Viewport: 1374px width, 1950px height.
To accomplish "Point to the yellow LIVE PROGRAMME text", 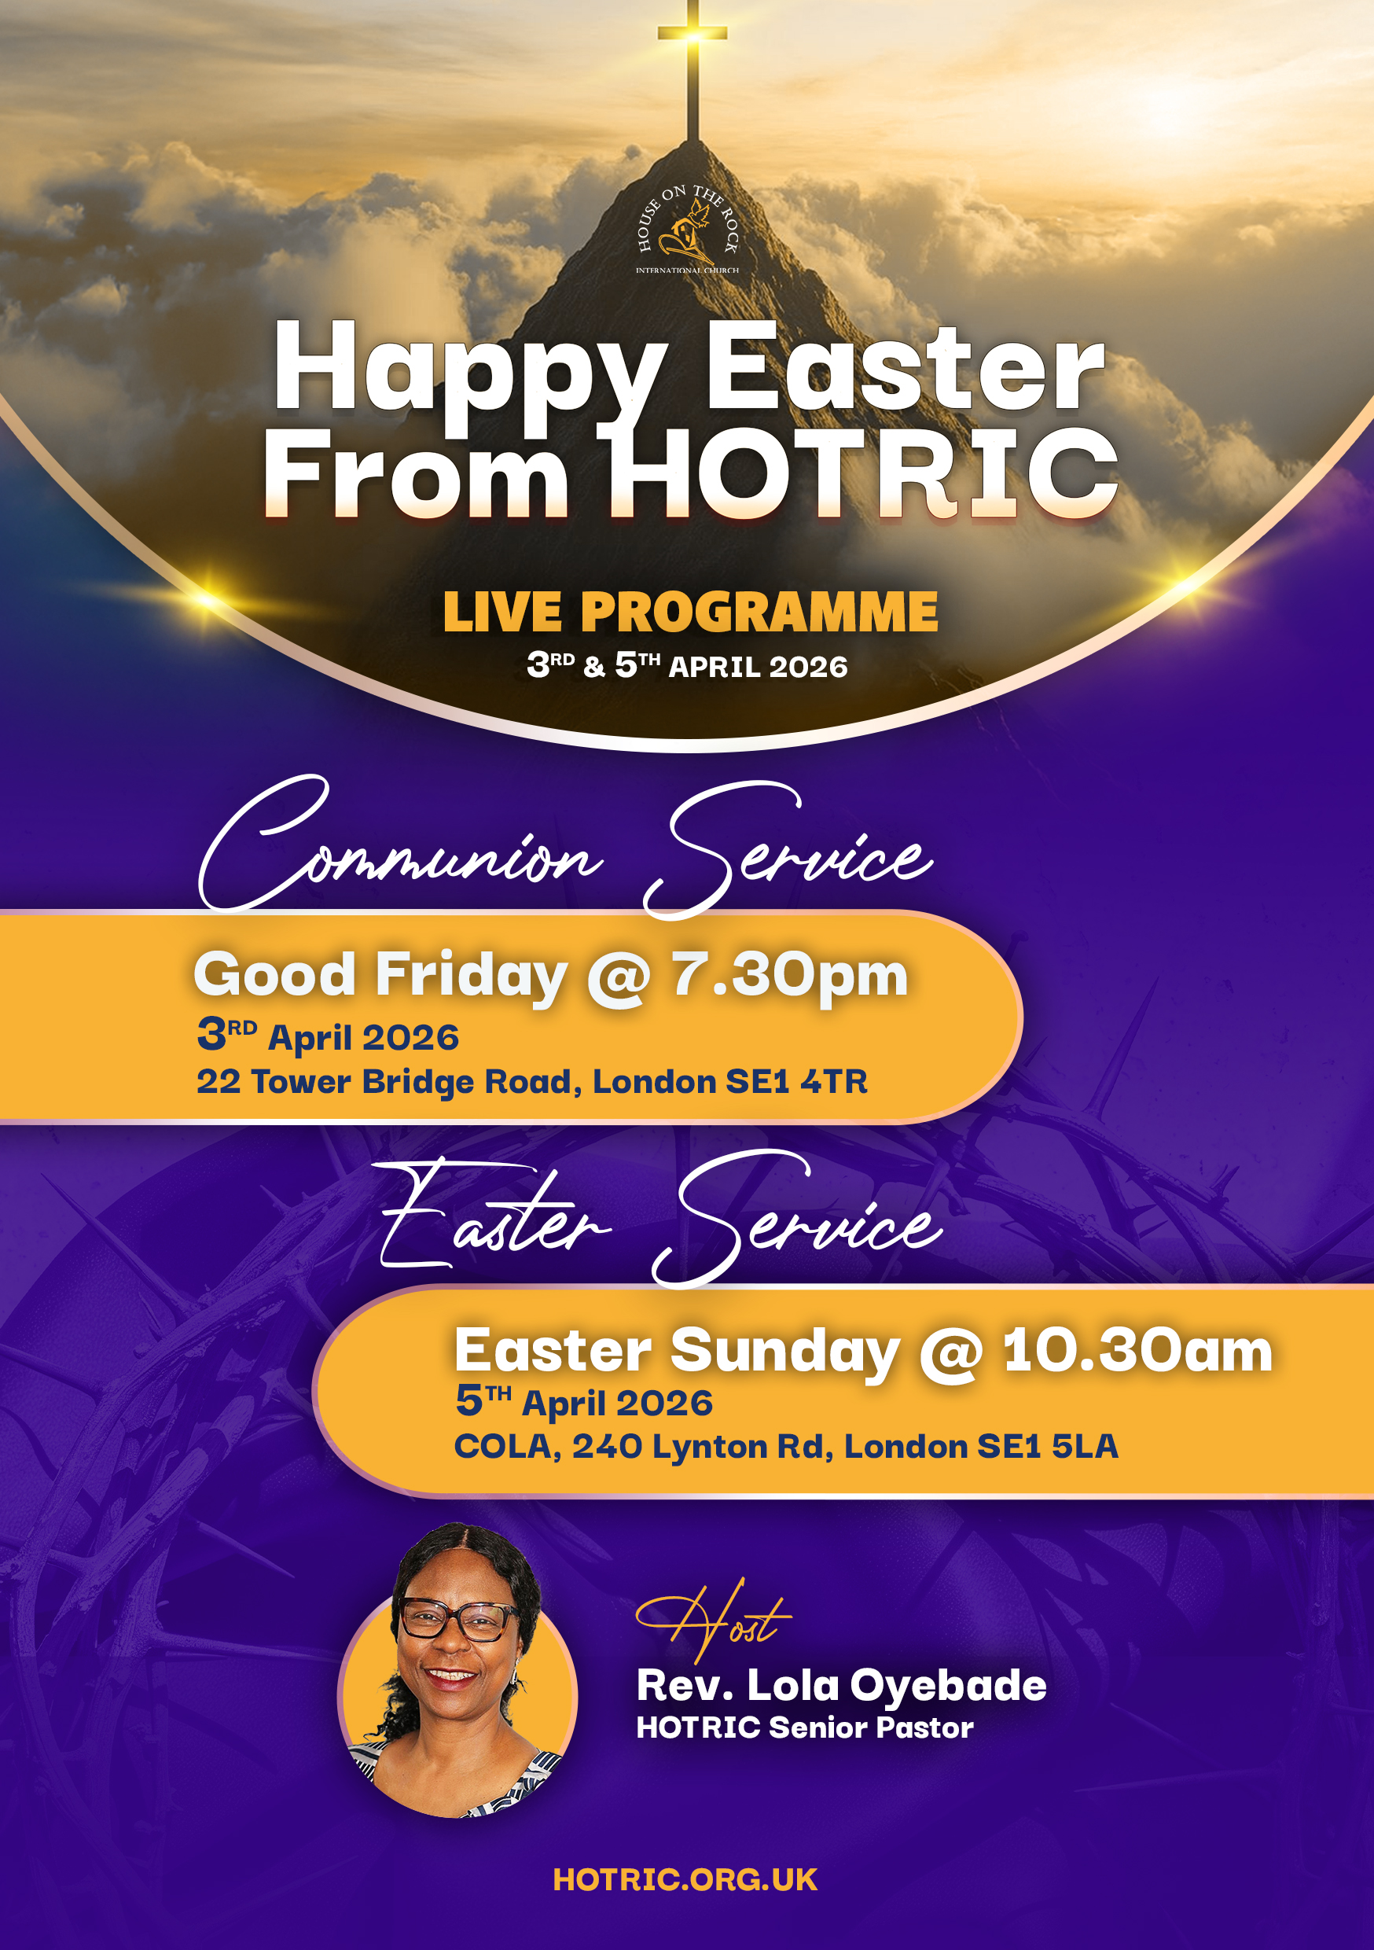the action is point(690,612).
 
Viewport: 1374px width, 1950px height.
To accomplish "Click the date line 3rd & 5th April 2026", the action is point(687,666).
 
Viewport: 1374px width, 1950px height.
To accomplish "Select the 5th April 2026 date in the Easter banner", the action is point(584,1402).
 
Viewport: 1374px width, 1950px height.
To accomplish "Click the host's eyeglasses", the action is point(458,1618).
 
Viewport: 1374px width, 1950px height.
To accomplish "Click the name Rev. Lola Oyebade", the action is point(842,1685).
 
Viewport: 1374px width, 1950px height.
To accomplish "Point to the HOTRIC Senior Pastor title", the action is point(805,1727).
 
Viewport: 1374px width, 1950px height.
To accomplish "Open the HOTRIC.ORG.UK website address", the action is point(685,1879).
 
